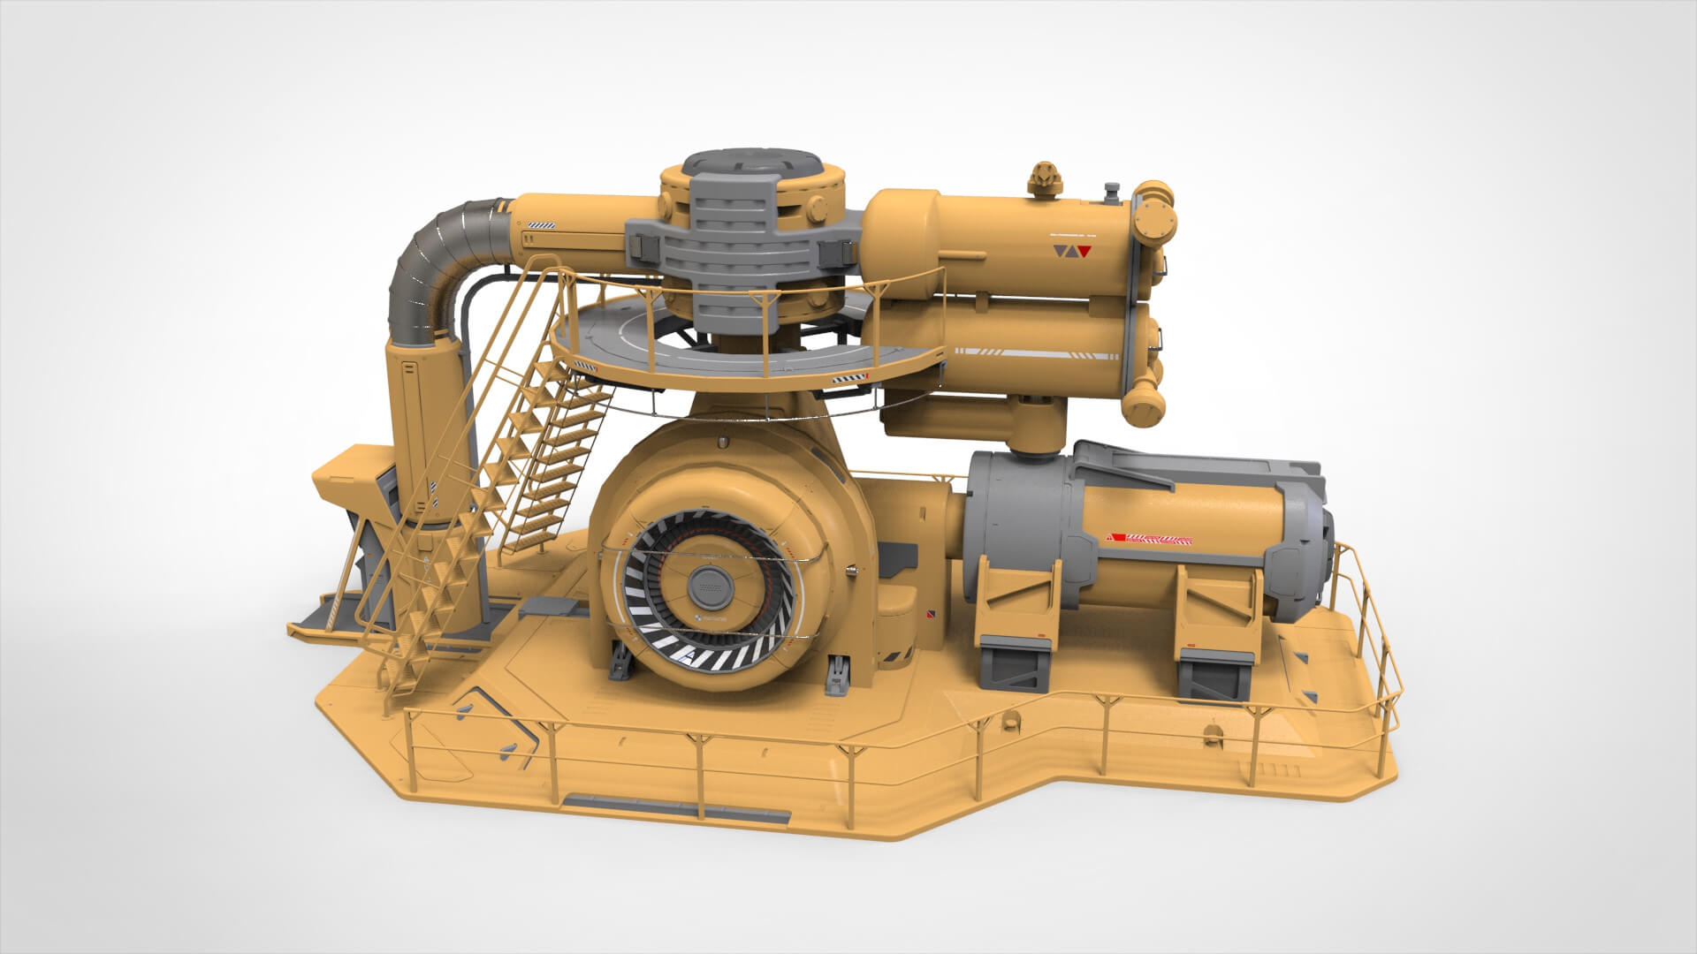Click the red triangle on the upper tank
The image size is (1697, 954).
pos(1084,252)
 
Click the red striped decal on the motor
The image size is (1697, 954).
pos(1149,538)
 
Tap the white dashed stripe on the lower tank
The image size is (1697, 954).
pos(1034,352)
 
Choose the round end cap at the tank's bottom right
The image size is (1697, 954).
pos(1144,405)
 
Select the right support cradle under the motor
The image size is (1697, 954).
pos(1218,636)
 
